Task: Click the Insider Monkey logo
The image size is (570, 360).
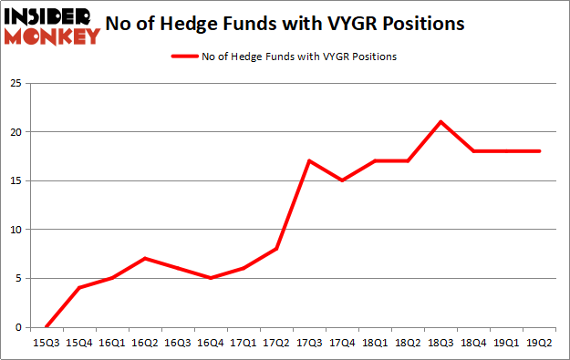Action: point(53,26)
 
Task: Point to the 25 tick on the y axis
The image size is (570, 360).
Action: point(18,83)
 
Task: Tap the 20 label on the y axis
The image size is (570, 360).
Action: point(18,132)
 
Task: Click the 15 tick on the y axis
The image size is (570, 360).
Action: point(18,180)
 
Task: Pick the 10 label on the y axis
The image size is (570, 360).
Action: point(18,230)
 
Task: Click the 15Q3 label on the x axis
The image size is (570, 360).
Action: point(47,345)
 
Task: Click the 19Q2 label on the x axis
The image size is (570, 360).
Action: point(540,345)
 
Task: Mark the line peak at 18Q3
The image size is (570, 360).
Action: point(440,121)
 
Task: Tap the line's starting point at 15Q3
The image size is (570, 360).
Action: point(47,326)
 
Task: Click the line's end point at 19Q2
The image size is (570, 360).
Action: point(540,151)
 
